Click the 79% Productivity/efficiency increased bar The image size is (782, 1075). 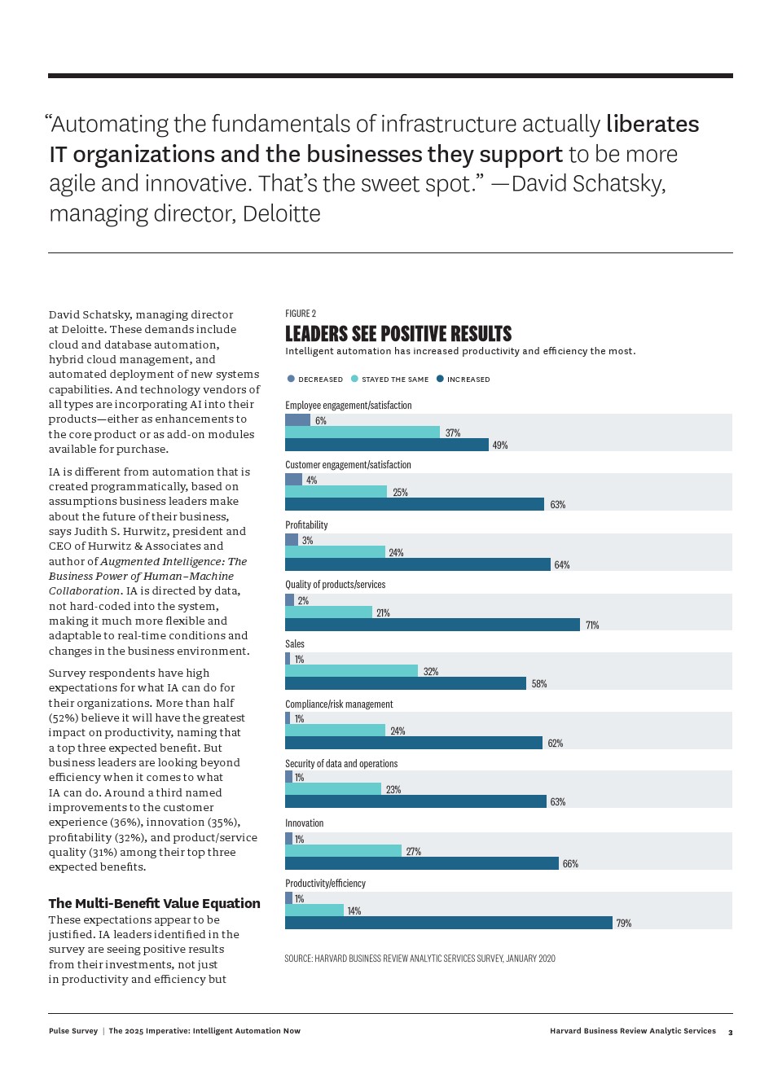[x=448, y=923]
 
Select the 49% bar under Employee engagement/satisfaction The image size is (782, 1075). [x=387, y=445]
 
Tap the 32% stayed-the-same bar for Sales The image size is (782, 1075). [x=351, y=671]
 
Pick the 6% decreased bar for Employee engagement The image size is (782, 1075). [x=297, y=420]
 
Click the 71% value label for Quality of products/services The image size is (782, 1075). [x=592, y=625]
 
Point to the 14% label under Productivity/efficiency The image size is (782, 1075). [x=354, y=911]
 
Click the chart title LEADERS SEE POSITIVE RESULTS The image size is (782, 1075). [x=398, y=334]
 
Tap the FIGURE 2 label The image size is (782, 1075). [x=301, y=314]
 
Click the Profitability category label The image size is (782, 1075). [x=306, y=525]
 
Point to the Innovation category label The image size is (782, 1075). [x=304, y=823]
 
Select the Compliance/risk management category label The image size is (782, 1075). [x=339, y=704]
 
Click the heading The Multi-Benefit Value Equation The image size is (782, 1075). [x=154, y=903]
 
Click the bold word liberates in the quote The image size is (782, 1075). [x=652, y=124]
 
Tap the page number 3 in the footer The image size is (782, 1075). [x=730, y=1033]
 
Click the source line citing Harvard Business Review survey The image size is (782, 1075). [x=420, y=959]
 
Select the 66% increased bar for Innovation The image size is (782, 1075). [x=421, y=863]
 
